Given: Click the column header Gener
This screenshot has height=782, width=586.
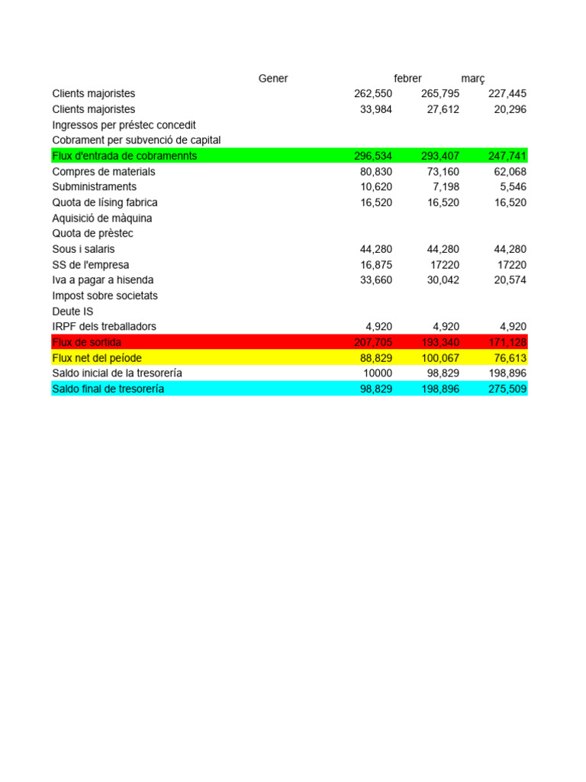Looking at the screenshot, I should [x=273, y=79].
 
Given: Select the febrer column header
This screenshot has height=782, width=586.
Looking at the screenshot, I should [x=407, y=79].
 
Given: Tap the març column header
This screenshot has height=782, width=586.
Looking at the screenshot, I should [x=473, y=79].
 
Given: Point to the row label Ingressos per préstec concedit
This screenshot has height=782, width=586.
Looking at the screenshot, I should [x=124, y=124].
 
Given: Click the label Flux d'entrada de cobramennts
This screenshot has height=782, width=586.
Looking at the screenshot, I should [x=124, y=156].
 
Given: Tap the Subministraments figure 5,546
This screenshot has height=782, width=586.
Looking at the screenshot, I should [x=510, y=187].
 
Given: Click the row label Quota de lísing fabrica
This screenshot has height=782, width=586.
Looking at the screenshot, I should [x=105, y=202].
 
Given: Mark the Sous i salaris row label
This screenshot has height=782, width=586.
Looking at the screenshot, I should [x=83, y=249].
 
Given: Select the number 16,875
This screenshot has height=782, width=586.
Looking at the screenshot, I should [x=376, y=265].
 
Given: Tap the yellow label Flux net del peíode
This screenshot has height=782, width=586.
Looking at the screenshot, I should [x=96, y=358].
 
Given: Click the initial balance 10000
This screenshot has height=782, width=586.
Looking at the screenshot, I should [x=378, y=373].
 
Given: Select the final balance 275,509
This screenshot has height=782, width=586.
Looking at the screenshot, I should [x=507, y=389].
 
